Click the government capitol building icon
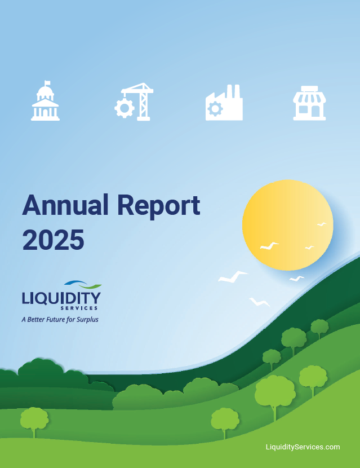tap(45, 103)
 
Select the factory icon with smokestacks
tap(224, 104)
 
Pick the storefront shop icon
tap(309, 103)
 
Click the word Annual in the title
tap(64, 205)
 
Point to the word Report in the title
tap(158, 206)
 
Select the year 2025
tap(53, 240)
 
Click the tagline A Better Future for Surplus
tap(60, 320)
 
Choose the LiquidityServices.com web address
tap(303, 447)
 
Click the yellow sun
tap(287, 224)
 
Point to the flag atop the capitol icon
tap(47, 83)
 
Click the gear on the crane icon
tap(124, 108)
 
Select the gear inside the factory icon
tap(215, 109)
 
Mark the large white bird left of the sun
tap(233, 276)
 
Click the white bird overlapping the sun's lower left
tap(269, 246)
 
